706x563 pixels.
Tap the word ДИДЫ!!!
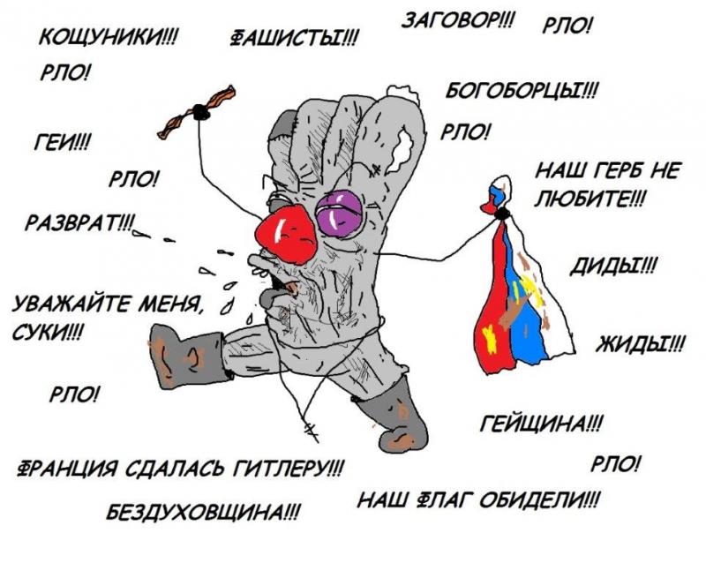click(616, 265)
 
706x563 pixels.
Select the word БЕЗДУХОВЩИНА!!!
click(202, 511)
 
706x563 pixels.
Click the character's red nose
click(284, 234)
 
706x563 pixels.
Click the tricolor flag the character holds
click(513, 300)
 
